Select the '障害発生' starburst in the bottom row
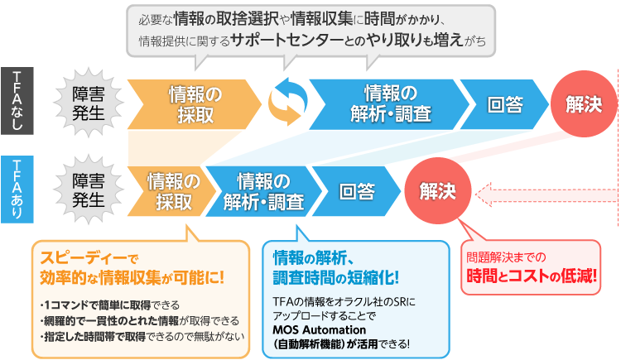pyautogui.click(x=89, y=190)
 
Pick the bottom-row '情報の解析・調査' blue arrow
pyautogui.click(x=263, y=190)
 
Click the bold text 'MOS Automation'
pyautogui.click(x=315, y=329)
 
